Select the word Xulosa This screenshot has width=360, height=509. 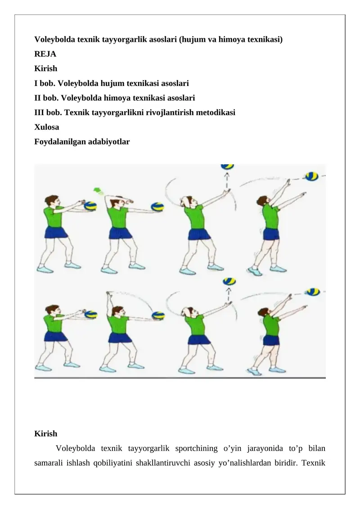[47, 127]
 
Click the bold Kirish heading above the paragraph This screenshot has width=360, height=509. [46, 433]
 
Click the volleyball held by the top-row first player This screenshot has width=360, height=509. [90, 206]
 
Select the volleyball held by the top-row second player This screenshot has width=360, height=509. [157, 207]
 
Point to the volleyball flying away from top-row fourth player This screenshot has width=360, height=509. [312, 176]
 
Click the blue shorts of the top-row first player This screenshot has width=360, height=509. [56, 232]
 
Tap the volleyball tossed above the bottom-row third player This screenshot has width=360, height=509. [229, 281]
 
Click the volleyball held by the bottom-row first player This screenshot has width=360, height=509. [91, 315]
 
